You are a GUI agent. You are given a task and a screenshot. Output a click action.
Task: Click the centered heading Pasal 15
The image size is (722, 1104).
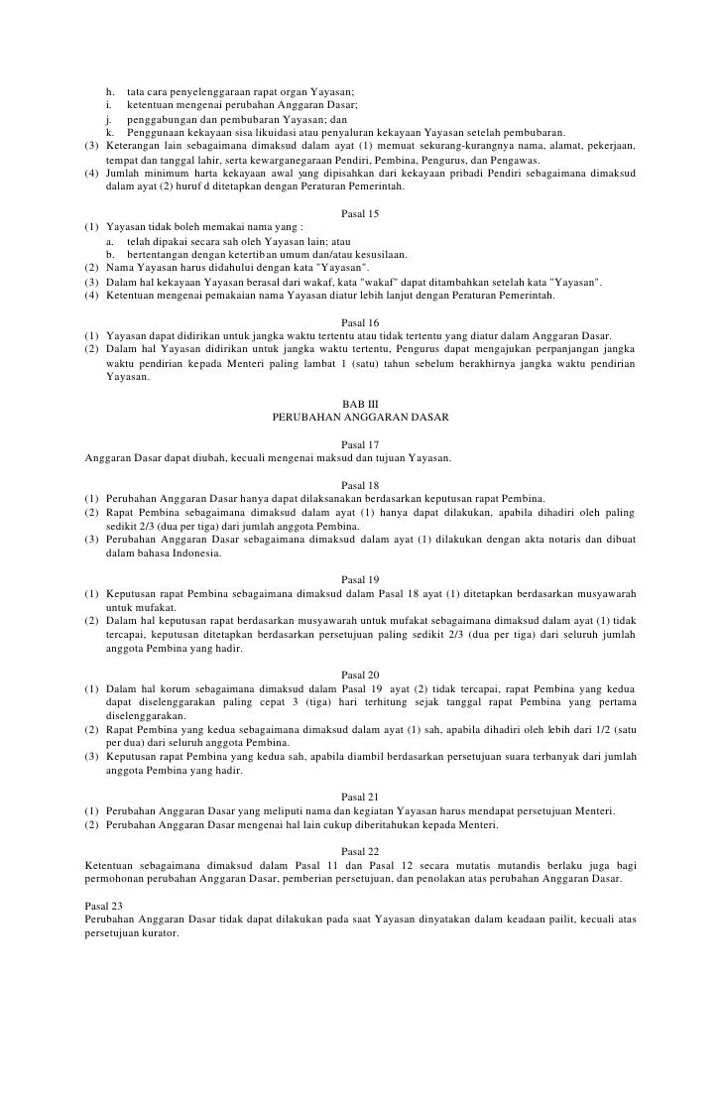pyautogui.click(x=360, y=213)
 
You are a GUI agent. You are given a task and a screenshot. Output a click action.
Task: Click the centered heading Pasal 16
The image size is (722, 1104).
pyautogui.click(x=360, y=322)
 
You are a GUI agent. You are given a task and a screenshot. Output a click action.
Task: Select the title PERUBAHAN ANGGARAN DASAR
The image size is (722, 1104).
pyautogui.click(x=360, y=418)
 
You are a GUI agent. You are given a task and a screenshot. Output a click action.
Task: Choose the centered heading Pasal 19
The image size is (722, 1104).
pyautogui.click(x=360, y=579)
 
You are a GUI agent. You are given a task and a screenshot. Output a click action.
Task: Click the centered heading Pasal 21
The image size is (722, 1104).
pyautogui.click(x=360, y=797)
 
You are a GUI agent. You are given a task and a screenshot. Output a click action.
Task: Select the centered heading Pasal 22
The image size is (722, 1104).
pyautogui.click(x=360, y=851)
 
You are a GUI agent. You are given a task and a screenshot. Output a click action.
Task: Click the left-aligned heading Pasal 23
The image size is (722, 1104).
pyautogui.click(x=105, y=906)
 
